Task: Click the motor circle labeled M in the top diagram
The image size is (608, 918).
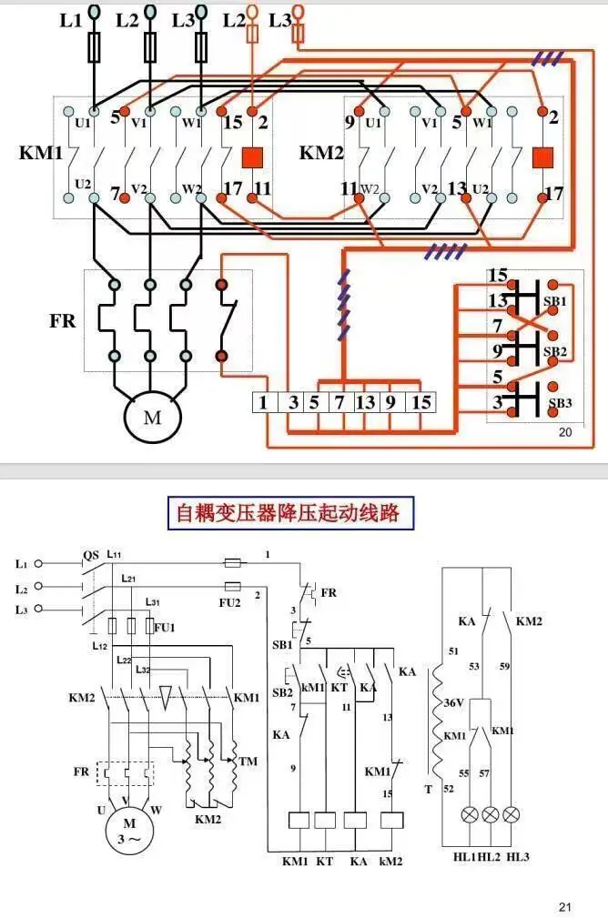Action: click(x=152, y=418)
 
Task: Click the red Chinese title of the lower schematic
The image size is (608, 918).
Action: click(x=287, y=512)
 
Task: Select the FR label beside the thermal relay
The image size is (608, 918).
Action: click(x=62, y=321)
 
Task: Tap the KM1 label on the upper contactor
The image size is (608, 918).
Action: click(x=41, y=152)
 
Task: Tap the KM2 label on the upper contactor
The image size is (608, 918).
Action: click(x=321, y=152)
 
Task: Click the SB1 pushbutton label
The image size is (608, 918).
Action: click(x=555, y=301)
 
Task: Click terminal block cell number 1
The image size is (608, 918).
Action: click(x=264, y=402)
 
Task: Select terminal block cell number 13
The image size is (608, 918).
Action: click(x=364, y=402)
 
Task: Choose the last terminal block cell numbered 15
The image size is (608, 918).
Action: click(x=421, y=402)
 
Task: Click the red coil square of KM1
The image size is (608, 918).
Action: click(x=252, y=156)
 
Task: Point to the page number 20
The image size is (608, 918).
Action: click(x=565, y=433)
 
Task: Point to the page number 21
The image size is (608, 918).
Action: click(x=565, y=906)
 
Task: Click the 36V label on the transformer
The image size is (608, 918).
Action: click(x=452, y=703)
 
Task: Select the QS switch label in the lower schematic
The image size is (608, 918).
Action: click(x=91, y=555)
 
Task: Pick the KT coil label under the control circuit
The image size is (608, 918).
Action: click(x=324, y=860)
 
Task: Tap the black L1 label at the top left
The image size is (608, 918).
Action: click(x=71, y=19)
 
